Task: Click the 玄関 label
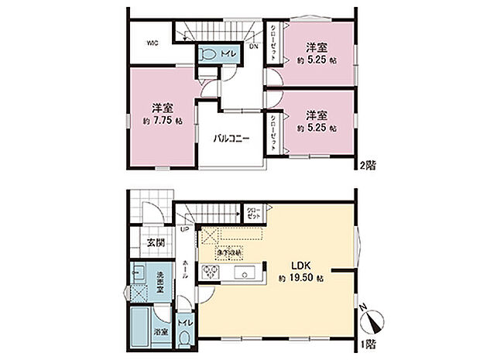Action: click(x=156, y=243)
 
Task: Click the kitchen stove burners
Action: click(x=209, y=273)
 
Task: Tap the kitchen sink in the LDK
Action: click(x=249, y=273)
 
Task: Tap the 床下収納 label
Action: click(x=229, y=252)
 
